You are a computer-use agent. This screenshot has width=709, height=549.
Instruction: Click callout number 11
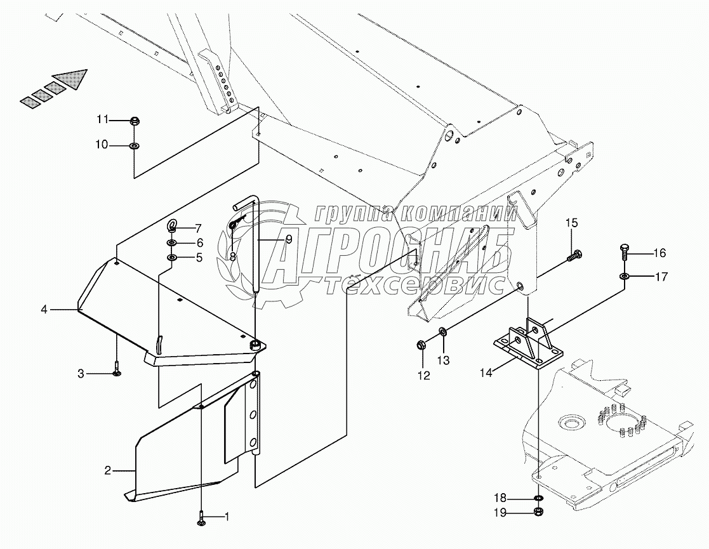pyautogui.click(x=103, y=120)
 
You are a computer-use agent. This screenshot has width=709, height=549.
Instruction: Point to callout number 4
pyautogui.click(x=44, y=310)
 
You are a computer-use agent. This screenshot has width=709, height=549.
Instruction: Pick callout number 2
pyautogui.click(x=108, y=471)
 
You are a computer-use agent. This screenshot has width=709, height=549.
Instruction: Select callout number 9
pyautogui.click(x=288, y=239)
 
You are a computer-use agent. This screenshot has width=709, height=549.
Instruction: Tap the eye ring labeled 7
pyautogui.click(x=173, y=227)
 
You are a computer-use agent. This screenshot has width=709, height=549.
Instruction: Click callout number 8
pyautogui.click(x=233, y=256)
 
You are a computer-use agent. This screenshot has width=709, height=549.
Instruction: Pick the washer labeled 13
pyautogui.click(x=442, y=331)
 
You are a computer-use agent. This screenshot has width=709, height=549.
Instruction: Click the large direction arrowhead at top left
pyautogui.click(x=72, y=79)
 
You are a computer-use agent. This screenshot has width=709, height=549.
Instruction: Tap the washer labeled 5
pyautogui.click(x=172, y=258)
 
